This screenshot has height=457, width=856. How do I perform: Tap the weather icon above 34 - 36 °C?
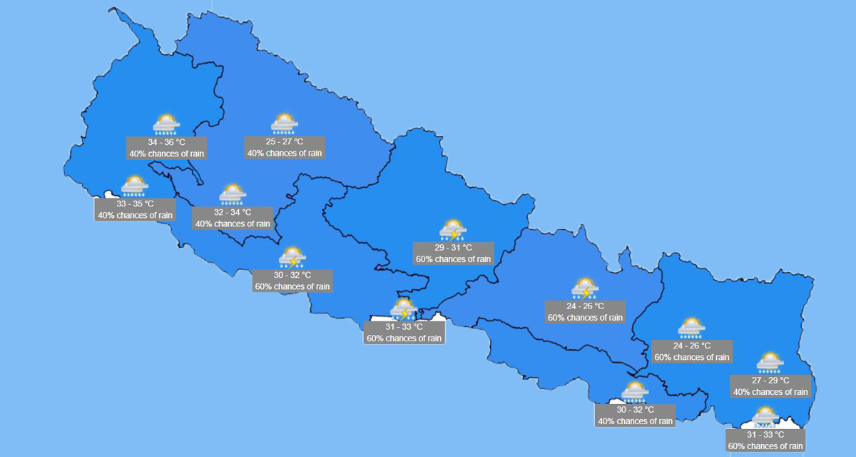point(166,124)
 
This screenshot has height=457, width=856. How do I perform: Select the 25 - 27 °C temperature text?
point(285,142)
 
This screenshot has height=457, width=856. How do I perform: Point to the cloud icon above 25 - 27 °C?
point(285,124)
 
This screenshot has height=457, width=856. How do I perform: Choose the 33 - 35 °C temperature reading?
point(135,204)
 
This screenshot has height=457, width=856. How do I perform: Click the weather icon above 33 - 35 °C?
point(134,186)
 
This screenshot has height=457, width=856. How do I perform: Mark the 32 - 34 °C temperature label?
point(233,213)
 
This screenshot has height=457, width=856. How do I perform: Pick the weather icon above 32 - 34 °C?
point(233,194)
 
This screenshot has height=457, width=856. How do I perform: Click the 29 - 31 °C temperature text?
point(453,248)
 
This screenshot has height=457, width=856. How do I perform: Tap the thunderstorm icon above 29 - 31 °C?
point(453,230)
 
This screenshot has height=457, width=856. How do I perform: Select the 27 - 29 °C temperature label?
point(770,381)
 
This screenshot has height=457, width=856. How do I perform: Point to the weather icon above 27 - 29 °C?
point(770,363)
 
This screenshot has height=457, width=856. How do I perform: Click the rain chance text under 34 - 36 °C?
point(166,154)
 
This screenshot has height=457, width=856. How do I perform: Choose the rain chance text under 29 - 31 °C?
point(453,259)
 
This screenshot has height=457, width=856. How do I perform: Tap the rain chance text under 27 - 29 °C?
point(770,392)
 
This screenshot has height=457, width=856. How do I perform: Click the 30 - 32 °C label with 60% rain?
point(292,275)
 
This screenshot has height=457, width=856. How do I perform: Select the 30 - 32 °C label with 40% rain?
point(635,410)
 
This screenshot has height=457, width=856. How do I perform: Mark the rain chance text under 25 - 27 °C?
point(285,154)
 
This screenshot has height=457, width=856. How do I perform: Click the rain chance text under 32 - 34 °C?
point(233,224)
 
